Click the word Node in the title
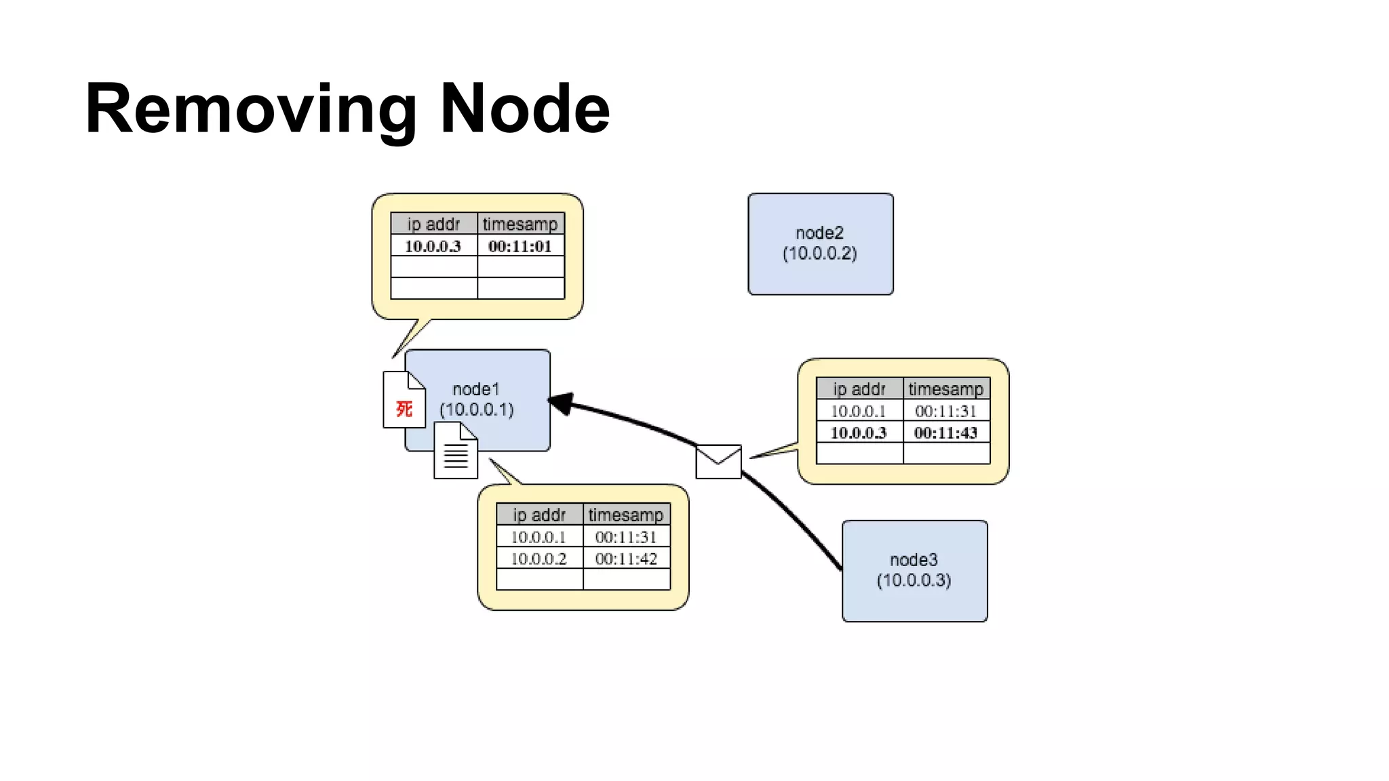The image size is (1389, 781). [525, 108]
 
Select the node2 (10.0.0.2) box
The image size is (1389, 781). [820, 243]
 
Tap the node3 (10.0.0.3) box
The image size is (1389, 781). [914, 570]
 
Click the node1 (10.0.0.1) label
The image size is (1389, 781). [477, 399]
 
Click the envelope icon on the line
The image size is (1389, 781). [718, 462]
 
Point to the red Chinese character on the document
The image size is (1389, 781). [404, 409]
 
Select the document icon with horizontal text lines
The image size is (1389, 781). [455, 452]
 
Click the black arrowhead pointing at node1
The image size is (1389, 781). [562, 403]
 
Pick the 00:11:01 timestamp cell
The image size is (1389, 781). [520, 246]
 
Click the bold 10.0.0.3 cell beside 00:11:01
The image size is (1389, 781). [433, 246]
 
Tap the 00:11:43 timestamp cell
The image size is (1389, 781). [945, 433]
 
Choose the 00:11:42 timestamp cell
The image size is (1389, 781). [626, 559]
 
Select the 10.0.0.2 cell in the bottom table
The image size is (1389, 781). [539, 559]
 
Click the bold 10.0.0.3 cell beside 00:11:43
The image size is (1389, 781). [859, 433]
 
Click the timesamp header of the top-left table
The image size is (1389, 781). [520, 224]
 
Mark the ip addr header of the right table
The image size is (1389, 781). [859, 389]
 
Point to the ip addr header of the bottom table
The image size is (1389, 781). [539, 515]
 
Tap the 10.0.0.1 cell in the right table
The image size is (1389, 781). [859, 411]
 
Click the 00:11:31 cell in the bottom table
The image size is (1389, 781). [626, 537]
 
